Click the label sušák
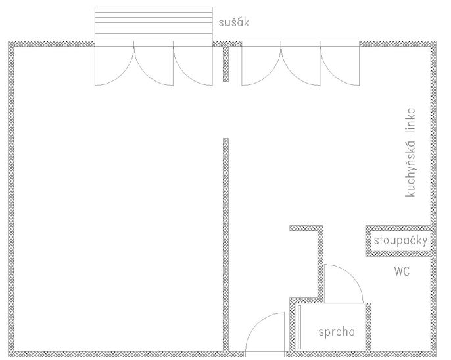pyautogui.click(x=234, y=22)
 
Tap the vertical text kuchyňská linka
pyautogui.click(x=410, y=153)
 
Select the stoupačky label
pyautogui.click(x=400, y=240)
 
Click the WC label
pyautogui.click(x=402, y=271)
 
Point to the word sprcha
pyautogui.click(x=337, y=332)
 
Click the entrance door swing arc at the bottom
pyautogui.click(x=257, y=322)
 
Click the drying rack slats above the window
pyautogui.click(x=154, y=24)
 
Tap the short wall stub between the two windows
pyautogui.click(x=225, y=64)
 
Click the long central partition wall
pyautogui.click(x=225, y=245)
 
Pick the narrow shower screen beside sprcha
pyautogui.click(x=299, y=327)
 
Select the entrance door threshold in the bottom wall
pyautogui.click(x=265, y=355)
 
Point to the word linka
pyautogui.click(x=410, y=120)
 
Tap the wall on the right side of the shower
pyautogui.click(x=368, y=328)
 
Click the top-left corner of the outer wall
pyautogui.click(x=9, y=41)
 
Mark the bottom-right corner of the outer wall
pyautogui.click(x=436, y=357)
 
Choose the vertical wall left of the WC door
pyautogui.click(x=320, y=264)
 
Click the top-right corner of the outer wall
pyautogui.click(x=436, y=41)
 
